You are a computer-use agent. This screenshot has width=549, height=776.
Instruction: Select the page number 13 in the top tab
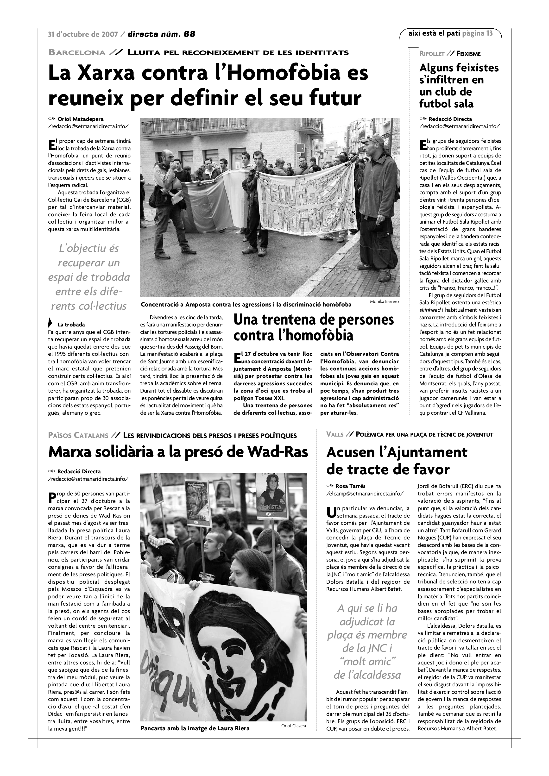click(x=489, y=33)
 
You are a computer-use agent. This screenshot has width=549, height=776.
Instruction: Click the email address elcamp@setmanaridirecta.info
click(x=365, y=494)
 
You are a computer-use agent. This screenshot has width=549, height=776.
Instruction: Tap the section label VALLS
click(x=335, y=435)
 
